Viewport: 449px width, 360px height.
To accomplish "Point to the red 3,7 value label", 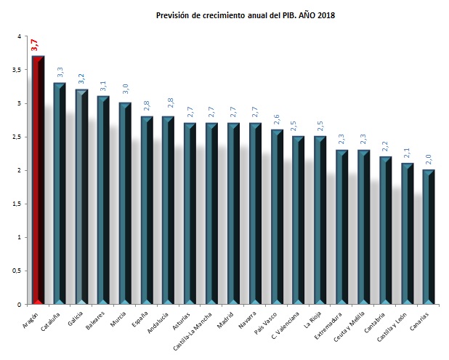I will point(34,45).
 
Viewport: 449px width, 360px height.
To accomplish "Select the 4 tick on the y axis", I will point(19,36).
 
